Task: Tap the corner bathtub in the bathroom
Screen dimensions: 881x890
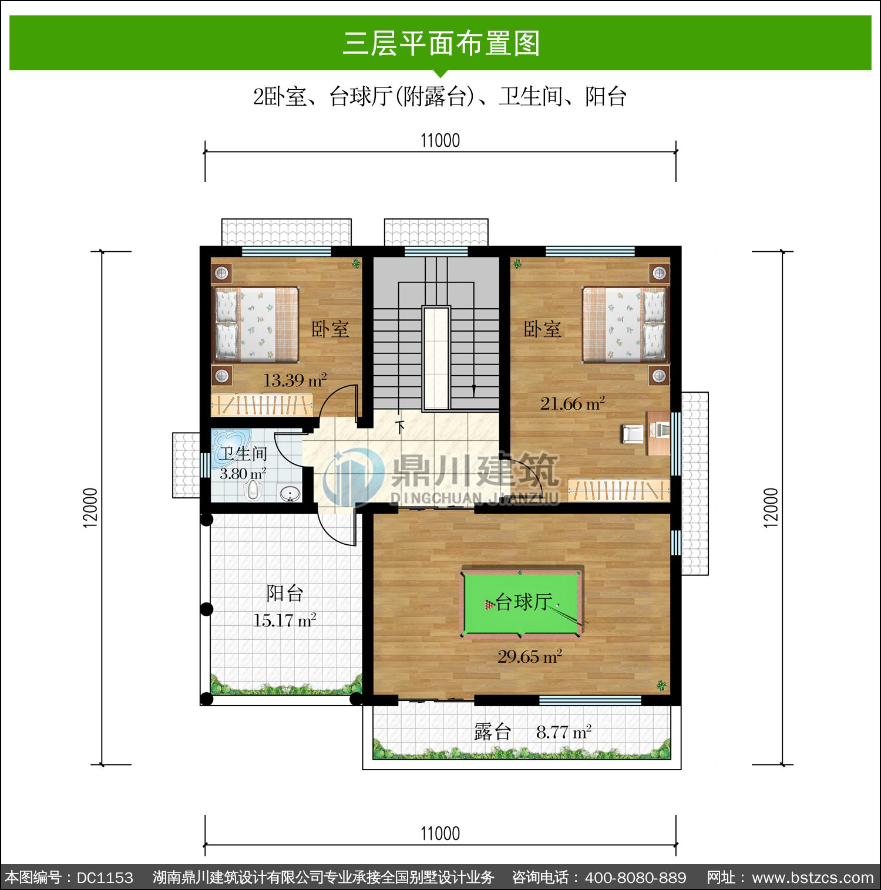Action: pyautogui.click(x=231, y=444)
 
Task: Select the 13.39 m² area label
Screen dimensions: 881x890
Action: pyautogui.click(x=295, y=380)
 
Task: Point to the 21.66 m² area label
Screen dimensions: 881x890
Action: pyautogui.click(x=573, y=403)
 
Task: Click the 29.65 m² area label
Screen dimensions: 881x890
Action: pyautogui.click(x=530, y=656)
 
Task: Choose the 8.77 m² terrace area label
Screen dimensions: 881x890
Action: pyautogui.click(x=564, y=732)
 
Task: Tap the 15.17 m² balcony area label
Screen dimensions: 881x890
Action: pyautogui.click(x=285, y=620)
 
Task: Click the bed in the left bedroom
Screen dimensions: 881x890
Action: pyautogui.click(x=255, y=323)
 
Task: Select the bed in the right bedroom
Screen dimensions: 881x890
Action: pyautogui.click(x=625, y=324)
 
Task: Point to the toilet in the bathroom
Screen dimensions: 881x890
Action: pyautogui.click(x=253, y=490)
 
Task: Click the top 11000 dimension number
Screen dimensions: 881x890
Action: pyautogui.click(x=441, y=141)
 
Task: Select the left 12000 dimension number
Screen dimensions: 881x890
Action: pyautogui.click(x=90, y=508)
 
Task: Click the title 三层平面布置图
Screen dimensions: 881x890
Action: pyautogui.click(x=441, y=43)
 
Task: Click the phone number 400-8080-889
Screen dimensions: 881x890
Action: pyautogui.click(x=635, y=878)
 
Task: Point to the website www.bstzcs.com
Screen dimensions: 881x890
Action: pyautogui.click(x=813, y=878)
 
